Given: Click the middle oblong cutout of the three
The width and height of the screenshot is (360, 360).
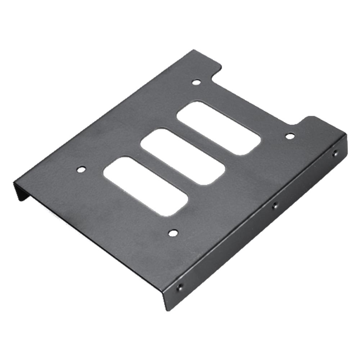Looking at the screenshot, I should [x=183, y=157].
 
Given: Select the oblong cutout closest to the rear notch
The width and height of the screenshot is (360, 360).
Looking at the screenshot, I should [x=219, y=128].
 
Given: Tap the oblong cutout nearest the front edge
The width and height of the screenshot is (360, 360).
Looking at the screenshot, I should [x=145, y=186].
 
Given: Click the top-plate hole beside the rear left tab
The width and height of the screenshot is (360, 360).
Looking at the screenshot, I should [x=196, y=82].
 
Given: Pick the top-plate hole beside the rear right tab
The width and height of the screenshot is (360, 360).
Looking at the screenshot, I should [x=290, y=136].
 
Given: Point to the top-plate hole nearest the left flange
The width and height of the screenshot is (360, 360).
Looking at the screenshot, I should [x=82, y=169].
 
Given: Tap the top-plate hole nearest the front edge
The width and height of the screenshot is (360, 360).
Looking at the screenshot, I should [x=173, y=233].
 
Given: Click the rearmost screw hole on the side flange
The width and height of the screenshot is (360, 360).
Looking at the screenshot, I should [x=335, y=153].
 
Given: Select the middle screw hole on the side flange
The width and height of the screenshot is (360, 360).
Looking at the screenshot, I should [x=275, y=206].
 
